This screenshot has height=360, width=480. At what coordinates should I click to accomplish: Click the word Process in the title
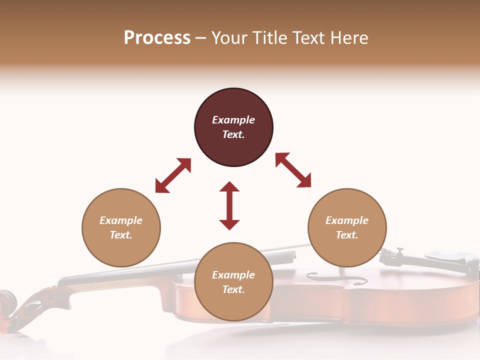tap(157, 38)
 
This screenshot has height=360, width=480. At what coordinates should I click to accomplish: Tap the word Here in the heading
tap(348, 38)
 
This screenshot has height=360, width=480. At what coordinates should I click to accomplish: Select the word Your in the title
tap(228, 38)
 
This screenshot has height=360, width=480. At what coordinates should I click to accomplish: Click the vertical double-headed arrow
tap(229, 205)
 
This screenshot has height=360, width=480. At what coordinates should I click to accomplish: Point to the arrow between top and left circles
tap(173, 175)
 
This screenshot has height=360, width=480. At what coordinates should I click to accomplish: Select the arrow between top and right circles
tap(293, 170)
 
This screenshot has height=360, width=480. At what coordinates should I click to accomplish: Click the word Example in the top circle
tap(233, 120)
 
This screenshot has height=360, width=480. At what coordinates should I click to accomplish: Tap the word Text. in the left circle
tap(121, 235)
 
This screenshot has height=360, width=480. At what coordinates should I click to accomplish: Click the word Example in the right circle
tap(347, 220)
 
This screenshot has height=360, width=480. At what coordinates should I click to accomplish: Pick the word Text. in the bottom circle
tap(233, 289)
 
